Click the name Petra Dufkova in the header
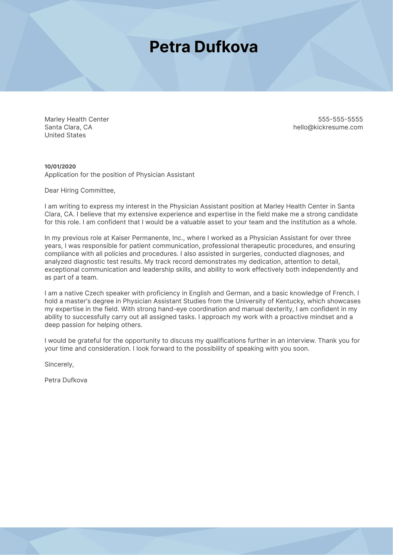click(x=203, y=47)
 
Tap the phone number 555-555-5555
click(x=340, y=119)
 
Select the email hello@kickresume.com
click(x=328, y=127)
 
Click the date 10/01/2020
click(x=60, y=167)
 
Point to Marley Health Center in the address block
click(x=77, y=119)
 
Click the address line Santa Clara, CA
click(x=68, y=127)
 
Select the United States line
click(x=65, y=135)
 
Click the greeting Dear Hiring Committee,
click(x=80, y=191)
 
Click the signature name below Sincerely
click(x=66, y=380)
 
